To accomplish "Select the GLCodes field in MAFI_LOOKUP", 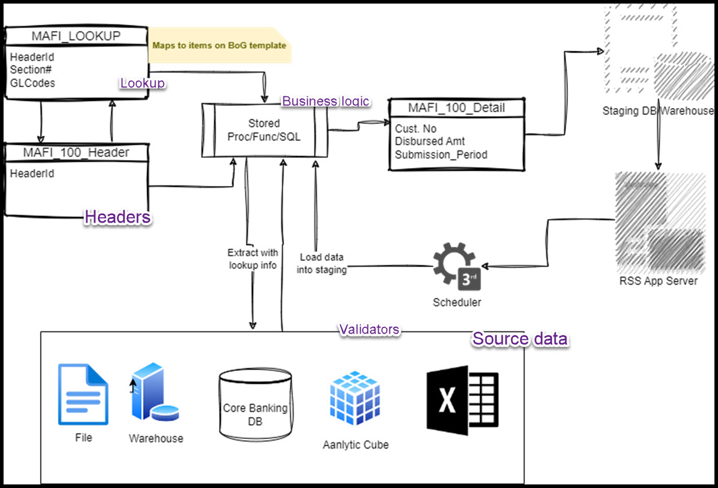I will pos(33,82).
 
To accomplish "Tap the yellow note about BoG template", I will pos(219,45).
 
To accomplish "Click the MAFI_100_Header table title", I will pos(76,153).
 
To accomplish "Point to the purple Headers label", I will pos(117,217).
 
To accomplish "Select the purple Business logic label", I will pos(326,101).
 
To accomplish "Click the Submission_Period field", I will pos(441,154).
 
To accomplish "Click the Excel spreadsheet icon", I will pos(462,400).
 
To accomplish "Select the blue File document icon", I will pos(83,394).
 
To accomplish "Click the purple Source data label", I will pos(520,339).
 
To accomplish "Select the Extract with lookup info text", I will pos(252,259).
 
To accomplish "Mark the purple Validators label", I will pos(369,330).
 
